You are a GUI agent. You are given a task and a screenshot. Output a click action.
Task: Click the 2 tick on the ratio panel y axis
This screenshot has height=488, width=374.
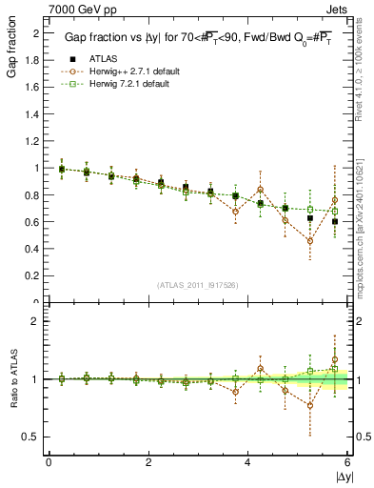click(36, 321)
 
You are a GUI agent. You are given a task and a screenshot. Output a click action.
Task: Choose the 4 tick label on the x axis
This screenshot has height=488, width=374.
click(247, 461)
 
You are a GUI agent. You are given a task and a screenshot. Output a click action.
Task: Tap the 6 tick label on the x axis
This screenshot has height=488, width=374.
click(347, 461)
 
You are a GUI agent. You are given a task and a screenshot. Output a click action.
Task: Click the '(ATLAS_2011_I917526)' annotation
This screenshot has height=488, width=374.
click(197, 286)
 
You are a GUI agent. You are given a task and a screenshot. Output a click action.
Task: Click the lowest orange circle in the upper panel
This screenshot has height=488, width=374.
click(310, 240)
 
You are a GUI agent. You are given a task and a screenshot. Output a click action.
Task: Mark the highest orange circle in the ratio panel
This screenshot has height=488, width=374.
click(335, 360)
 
